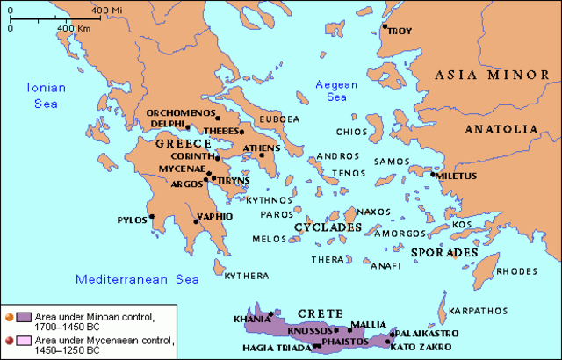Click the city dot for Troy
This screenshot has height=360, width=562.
point(385,26)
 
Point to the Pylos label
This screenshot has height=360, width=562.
point(133,220)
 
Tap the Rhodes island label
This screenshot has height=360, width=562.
point(515,270)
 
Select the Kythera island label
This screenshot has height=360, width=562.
point(246,276)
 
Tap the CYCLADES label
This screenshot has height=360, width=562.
point(328,227)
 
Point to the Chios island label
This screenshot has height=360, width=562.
point(351,132)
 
